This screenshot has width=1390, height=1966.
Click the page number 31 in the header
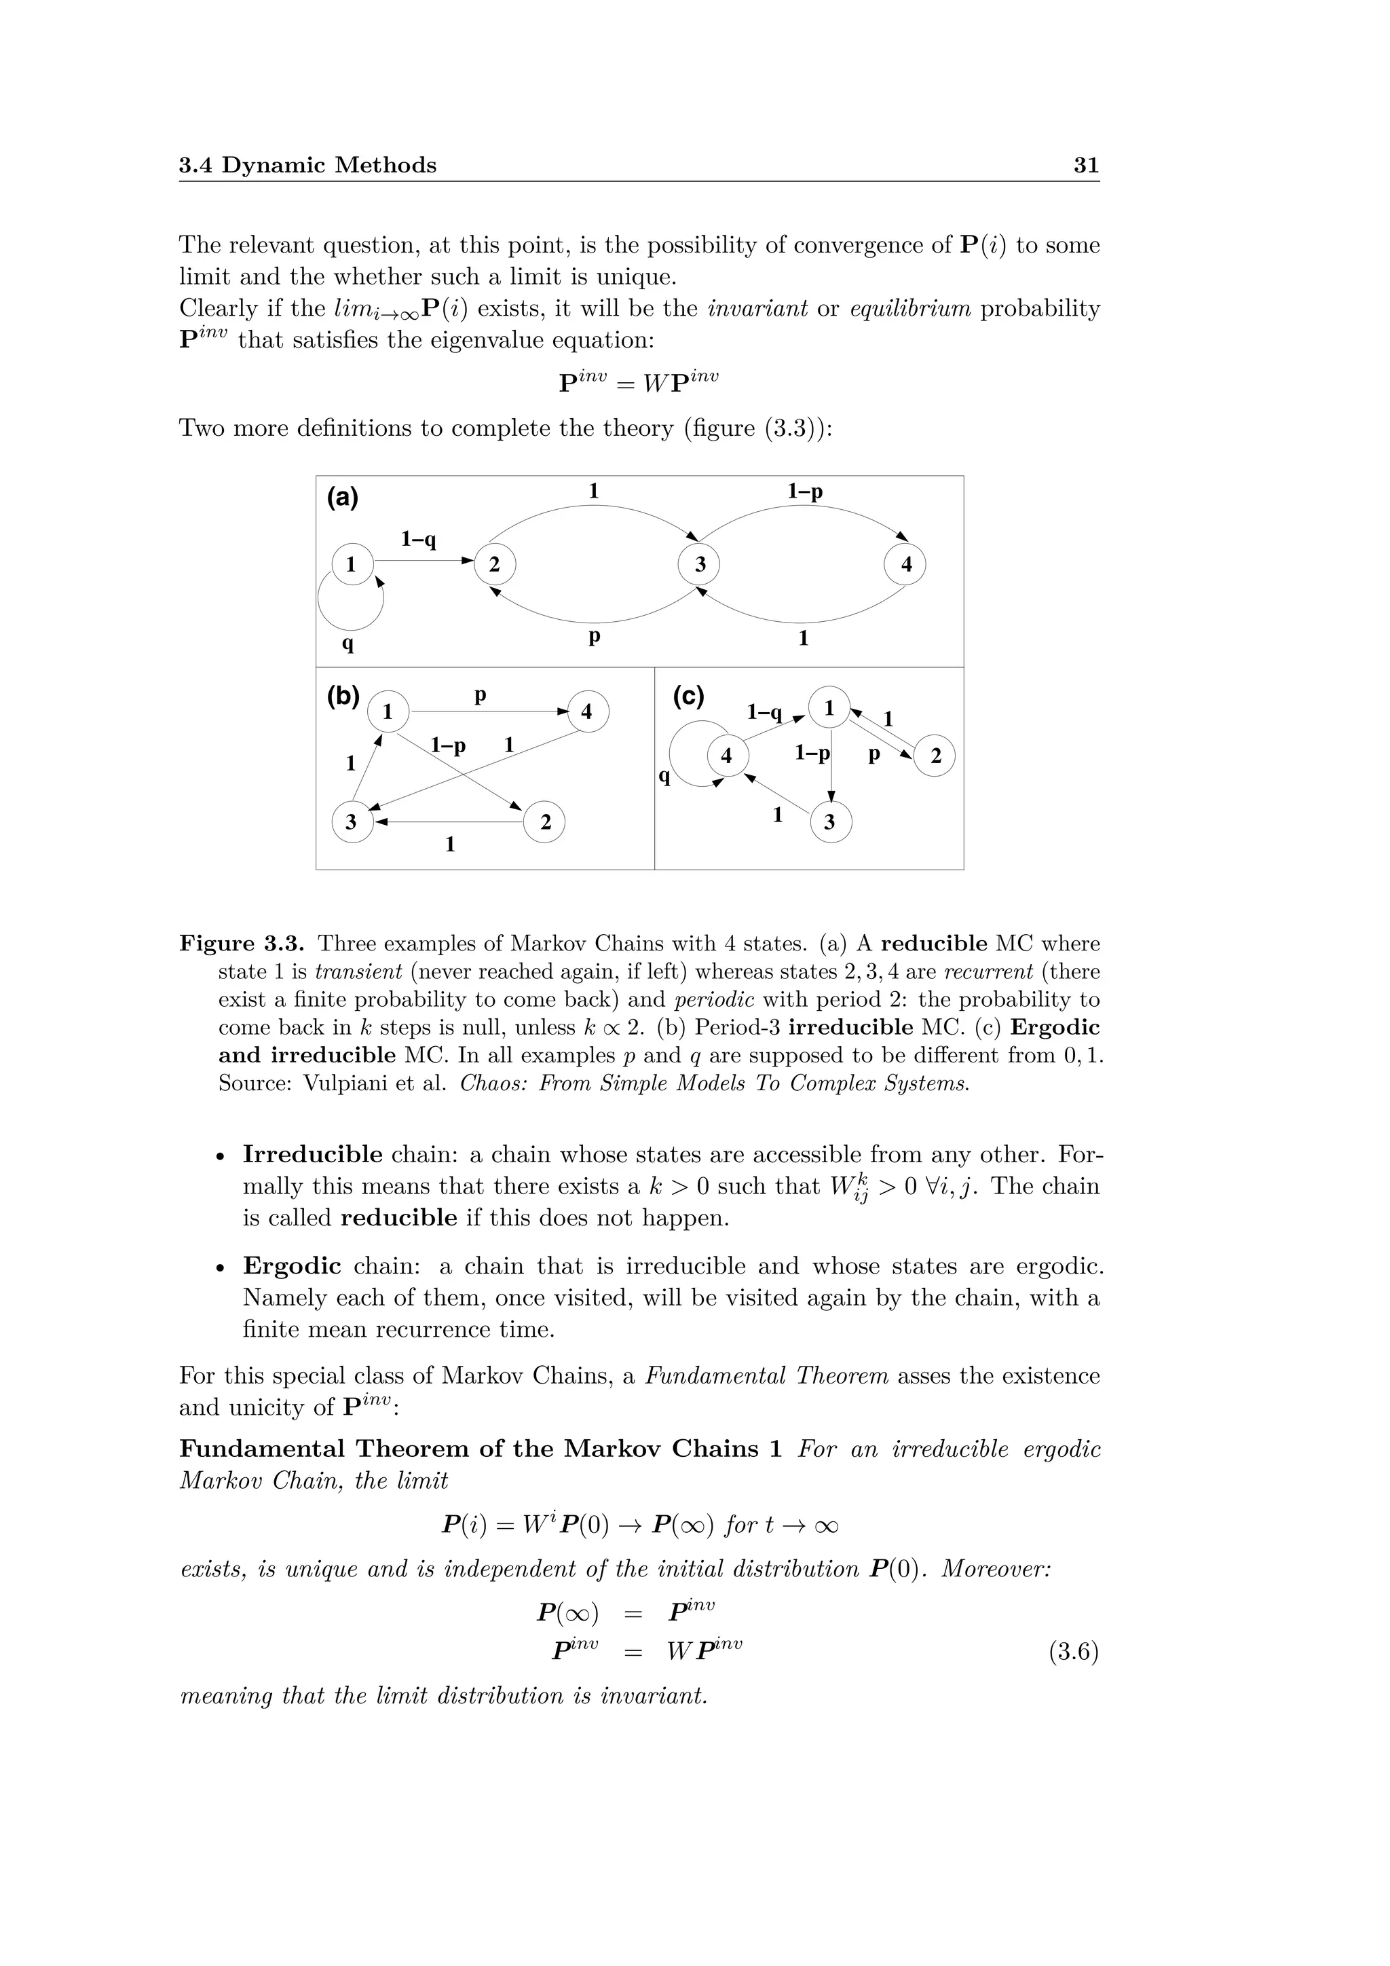[1085, 165]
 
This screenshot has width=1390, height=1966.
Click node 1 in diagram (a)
[351, 565]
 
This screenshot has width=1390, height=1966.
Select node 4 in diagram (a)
[905, 565]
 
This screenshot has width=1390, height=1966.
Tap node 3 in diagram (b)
[352, 822]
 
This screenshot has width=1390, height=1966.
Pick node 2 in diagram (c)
[935, 756]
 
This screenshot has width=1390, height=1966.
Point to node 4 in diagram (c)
[727, 756]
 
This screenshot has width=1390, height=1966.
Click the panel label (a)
[342, 498]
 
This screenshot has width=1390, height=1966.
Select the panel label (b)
[343, 696]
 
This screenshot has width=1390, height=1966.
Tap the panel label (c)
[688, 696]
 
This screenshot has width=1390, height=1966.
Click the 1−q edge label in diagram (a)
[419, 540]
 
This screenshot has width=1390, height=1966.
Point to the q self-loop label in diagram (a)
[347, 642]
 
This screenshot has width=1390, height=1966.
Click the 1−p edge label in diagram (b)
[449, 745]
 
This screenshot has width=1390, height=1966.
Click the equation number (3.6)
[1073, 1652]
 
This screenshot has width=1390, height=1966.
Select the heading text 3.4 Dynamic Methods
[307, 165]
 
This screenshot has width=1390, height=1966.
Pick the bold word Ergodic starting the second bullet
[292, 1266]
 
